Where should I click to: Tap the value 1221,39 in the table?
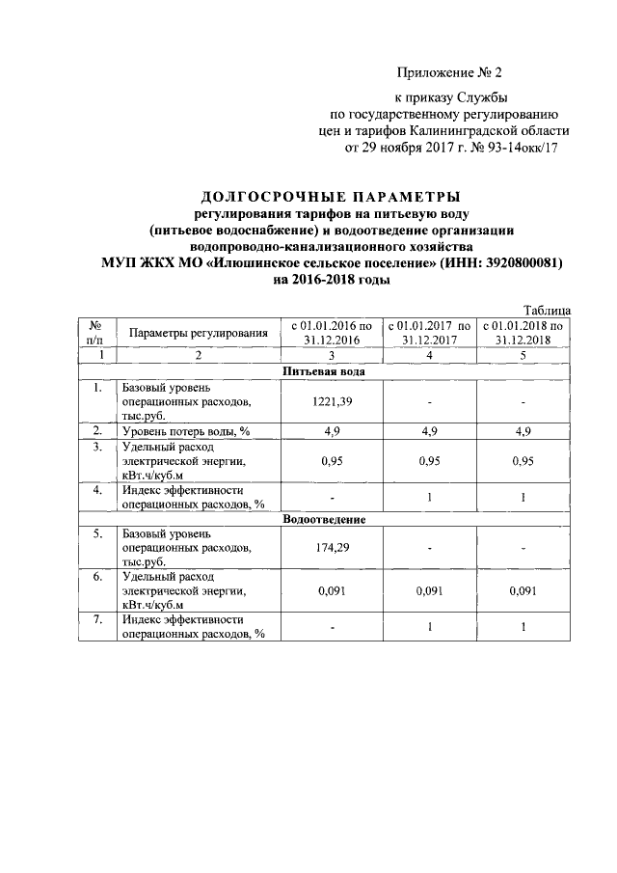pyautogui.click(x=331, y=401)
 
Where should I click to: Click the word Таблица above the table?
pyautogui.click(x=547, y=310)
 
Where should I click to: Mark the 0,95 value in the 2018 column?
pyautogui.click(x=526, y=460)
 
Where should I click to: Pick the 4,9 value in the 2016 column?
pyautogui.click(x=331, y=430)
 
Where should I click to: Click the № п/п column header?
pyautogui.click(x=96, y=333)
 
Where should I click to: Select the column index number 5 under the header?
pyautogui.click(x=526, y=355)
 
